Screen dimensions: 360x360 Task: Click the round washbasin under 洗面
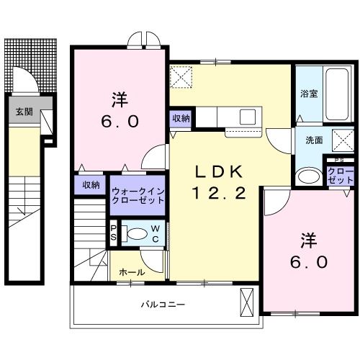click(x=310, y=176)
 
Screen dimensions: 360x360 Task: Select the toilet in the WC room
click(x=135, y=233)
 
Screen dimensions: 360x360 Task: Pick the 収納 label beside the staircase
click(x=90, y=185)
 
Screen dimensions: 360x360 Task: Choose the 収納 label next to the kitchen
click(x=181, y=118)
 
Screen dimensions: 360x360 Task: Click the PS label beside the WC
click(x=113, y=233)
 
